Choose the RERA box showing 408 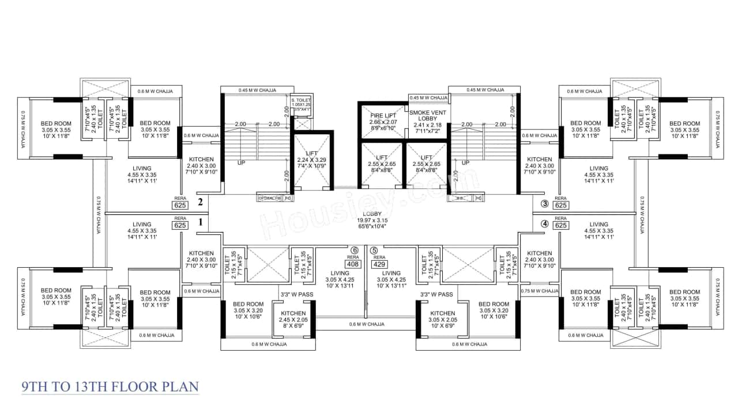[354, 265]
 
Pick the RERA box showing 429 [379, 265]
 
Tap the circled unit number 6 [354, 250]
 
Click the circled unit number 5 [374, 250]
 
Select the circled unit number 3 [544, 203]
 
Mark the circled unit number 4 [544, 224]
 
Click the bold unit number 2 [200, 202]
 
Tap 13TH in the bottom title [83, 386]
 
